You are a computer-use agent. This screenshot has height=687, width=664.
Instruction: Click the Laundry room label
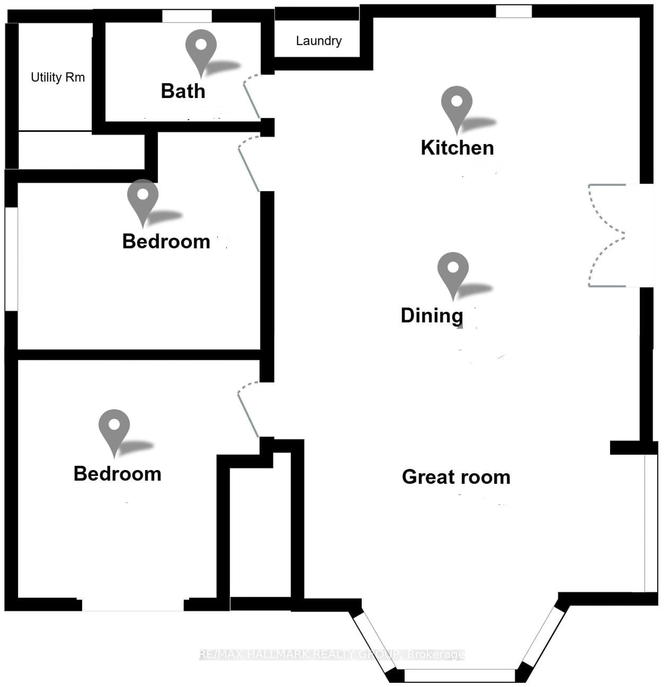pyautogui.click(x=319, y=41)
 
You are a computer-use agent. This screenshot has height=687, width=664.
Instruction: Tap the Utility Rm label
pyautogui.click(x=58, y=77)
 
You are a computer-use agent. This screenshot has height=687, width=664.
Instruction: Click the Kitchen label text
pyautogui.click(x=457, y=148)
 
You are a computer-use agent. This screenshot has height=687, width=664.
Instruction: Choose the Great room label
pyautogui.click(x=456, y=477)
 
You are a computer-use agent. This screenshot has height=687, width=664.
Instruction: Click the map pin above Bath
pyautogui.click(x=201, y=49)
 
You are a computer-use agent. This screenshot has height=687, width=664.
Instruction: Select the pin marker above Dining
pyautogui.click(x=453, y=272)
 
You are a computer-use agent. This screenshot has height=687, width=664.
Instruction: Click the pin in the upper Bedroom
pyautogui.click(x=142, y=199)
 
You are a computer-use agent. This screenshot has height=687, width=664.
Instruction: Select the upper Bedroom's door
pyautogui.click(x=248, y=163)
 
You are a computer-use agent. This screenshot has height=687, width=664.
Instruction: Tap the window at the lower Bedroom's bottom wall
pyautogui.click(x=133, y=605)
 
